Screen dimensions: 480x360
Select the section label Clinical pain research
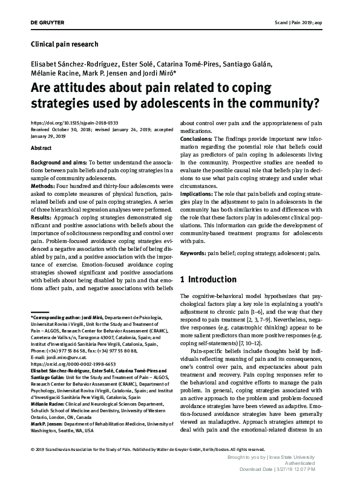coord(64,44)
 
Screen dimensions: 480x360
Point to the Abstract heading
coord(41,148)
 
